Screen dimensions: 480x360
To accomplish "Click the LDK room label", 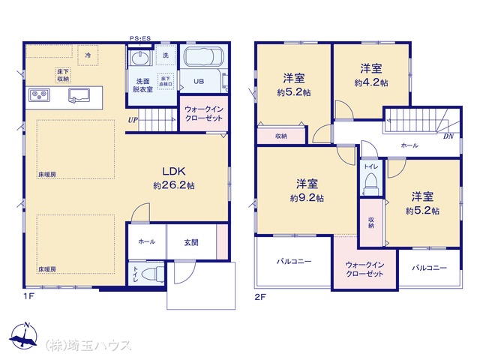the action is (x=173, y=171).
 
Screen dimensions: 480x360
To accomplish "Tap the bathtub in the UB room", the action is (x=203, y=57).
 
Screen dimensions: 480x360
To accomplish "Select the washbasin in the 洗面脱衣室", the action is (x=140, y=58).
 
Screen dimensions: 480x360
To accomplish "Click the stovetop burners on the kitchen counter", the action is (x=39, y=95).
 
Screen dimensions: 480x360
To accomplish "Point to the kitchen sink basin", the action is (x=79, y=94).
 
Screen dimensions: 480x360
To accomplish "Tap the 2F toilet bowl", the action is (x=371, y=184).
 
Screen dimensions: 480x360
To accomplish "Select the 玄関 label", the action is (x=191, y=243).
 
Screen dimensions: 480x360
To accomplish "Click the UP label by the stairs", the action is (x=133, y=120).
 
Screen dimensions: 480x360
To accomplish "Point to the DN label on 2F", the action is (x=448, y=136).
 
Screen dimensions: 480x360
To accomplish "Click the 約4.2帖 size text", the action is (x=371, y=82).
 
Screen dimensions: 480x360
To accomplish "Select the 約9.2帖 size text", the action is (x=307, y=198).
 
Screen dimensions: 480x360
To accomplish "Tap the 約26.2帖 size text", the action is (x=173, y=185).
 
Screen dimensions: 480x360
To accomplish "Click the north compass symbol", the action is (x=24, y=335).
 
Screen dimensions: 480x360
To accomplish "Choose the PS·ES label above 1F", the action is (x=140, y=38).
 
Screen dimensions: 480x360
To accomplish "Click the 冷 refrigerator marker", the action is (x=88, y=55).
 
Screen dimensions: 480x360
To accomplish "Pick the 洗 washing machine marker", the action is (x=165, y=55).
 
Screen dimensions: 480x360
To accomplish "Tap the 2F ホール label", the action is (x=409, y=145).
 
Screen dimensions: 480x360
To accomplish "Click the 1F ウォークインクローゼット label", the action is (x=204, y=113).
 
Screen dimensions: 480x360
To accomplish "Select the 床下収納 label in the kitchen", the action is (x=63, y=75).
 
